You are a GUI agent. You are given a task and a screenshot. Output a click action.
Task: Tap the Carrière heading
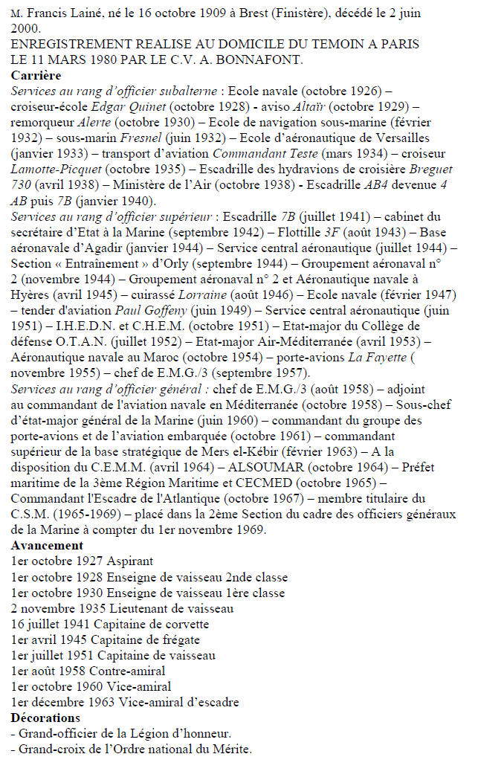pyautogui.click(x=36, y=76)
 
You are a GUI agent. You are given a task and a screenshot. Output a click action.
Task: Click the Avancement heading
pyautogui.click(x=46, y=544)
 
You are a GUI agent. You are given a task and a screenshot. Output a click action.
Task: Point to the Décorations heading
pyautogui.click(x=45, y=718)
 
